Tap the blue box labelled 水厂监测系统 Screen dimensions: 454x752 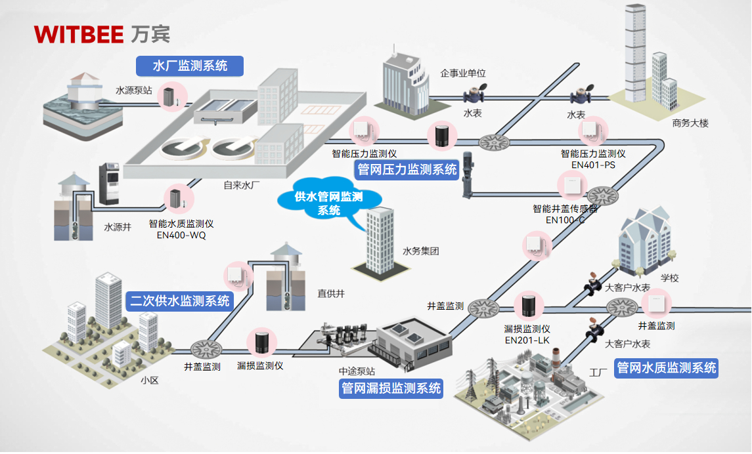pyautogui.click(x=190, y=66)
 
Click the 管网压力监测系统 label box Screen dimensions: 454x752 pyautogui.click(x=407, y=170)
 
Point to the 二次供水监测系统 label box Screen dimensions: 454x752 pyautogui.click(x=180, y=301)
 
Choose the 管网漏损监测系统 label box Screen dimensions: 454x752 pyautogui.click(x=391, y=388)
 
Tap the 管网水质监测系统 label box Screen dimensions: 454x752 pyautogui.click(x=666, y=368)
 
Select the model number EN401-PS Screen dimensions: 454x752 pyautogui.click(x=593, y=165)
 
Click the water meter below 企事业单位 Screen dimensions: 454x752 pyautogui.click(x=472, y=94)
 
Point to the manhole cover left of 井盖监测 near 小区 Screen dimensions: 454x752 pyautogui.click(x=206, y=347)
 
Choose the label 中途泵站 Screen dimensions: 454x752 pyautogui.click(x=357, y=371)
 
